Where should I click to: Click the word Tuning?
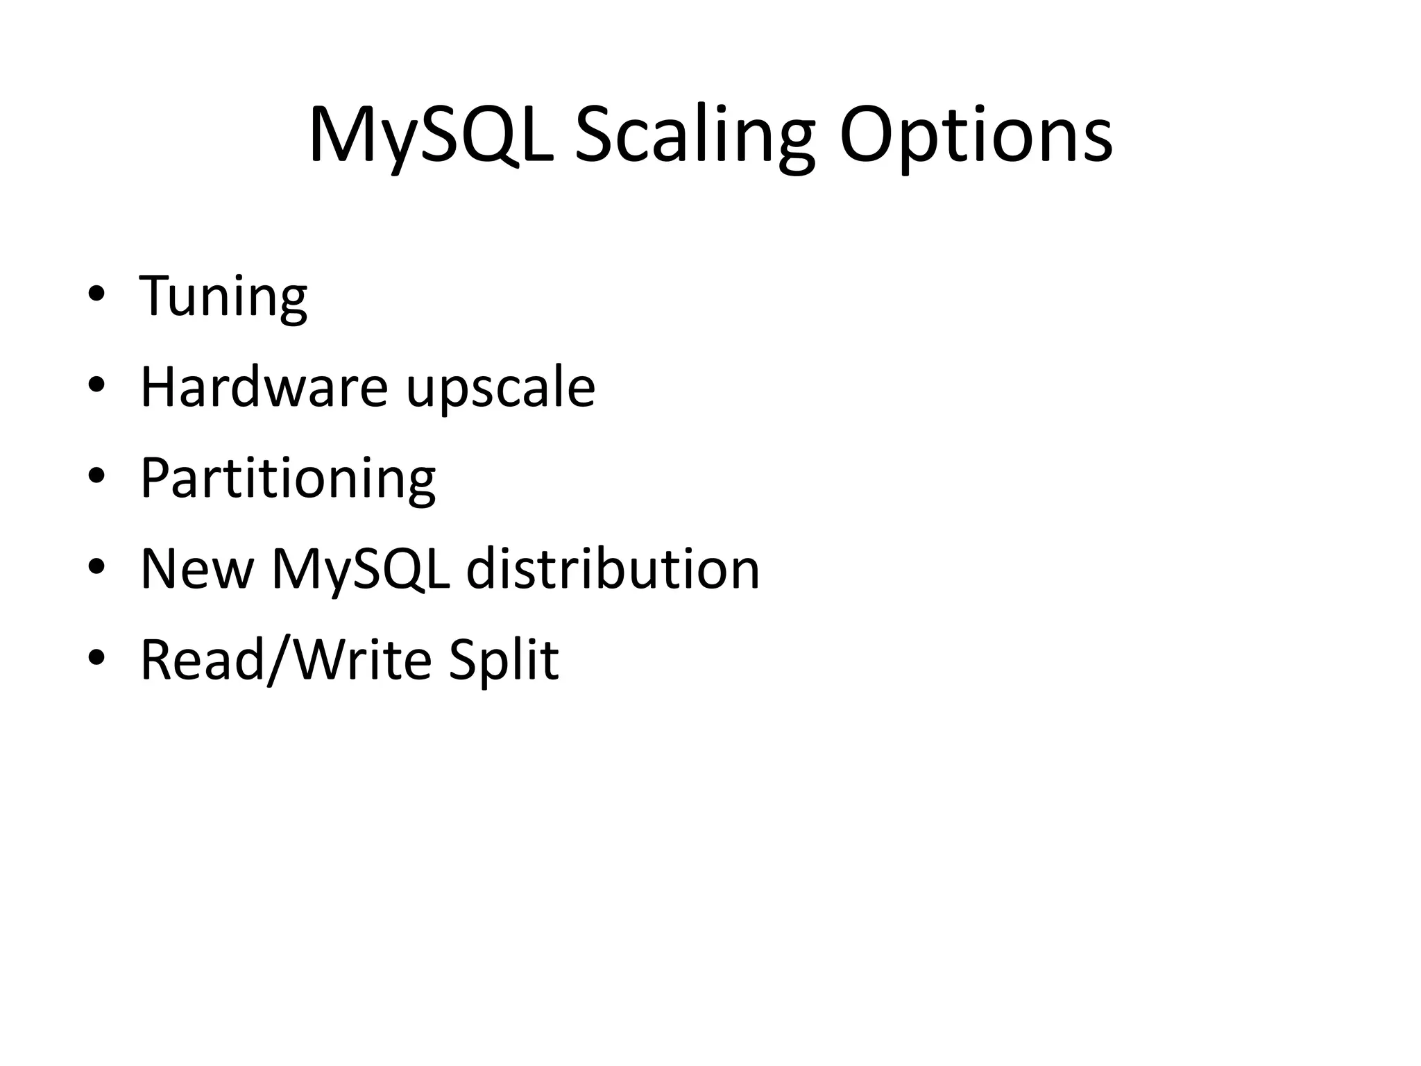click(x=223, y=296)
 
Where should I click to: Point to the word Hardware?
click(x=264, y=387)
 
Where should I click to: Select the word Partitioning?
click(x=288, y=478)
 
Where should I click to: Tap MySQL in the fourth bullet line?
click(x=361, y=569)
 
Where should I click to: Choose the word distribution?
click(x=613, y=569)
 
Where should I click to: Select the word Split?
click(x=503, y=660)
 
